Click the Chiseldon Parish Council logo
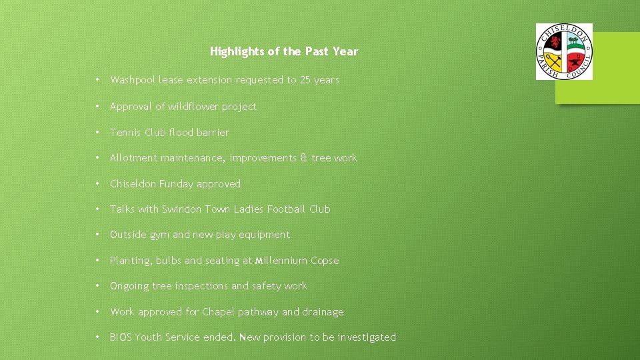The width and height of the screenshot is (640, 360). tap(564, 51)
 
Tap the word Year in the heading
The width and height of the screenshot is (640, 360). tap(347, 51)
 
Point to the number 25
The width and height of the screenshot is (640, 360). tap(305, 80)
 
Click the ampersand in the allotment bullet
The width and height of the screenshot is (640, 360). tap(304, 158)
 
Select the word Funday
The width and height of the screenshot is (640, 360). tap(176, 184)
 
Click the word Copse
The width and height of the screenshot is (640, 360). tap(325, 261)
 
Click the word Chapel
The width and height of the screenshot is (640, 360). tap(218, 312)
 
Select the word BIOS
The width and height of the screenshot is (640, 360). tap(121, 337)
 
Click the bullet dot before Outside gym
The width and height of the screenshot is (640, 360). tap(97, 235)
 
